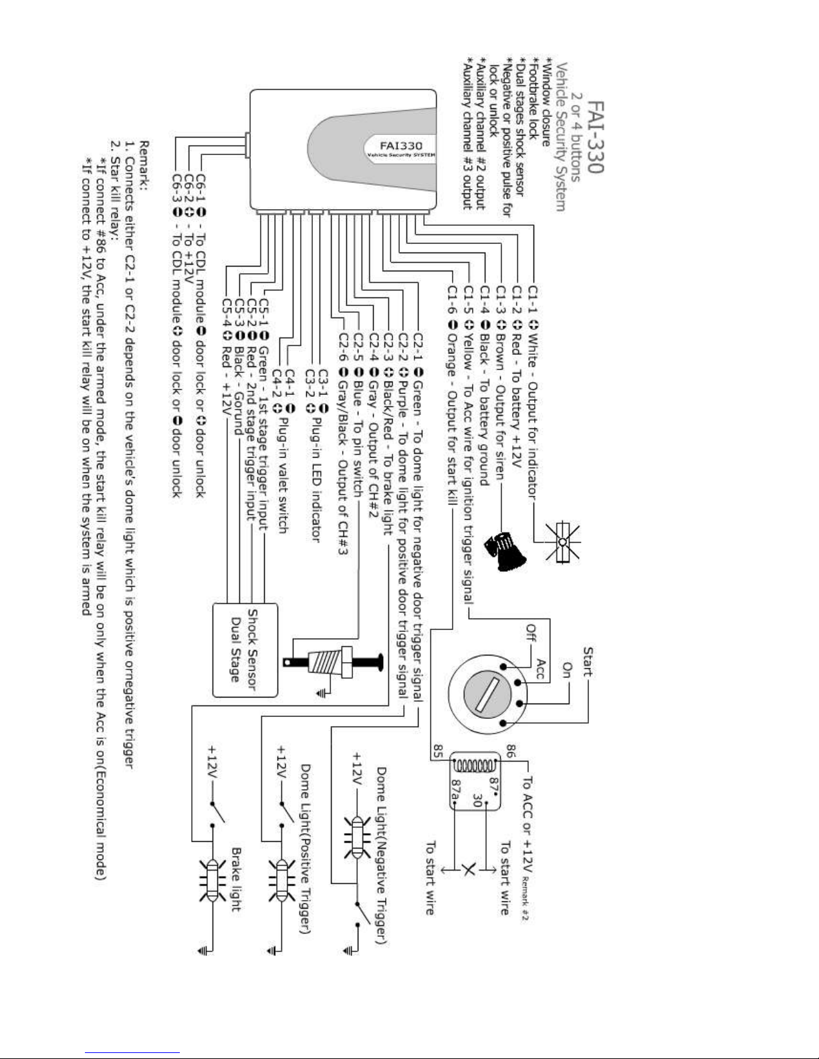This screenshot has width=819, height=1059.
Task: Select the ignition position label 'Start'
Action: pyautogui.click(x=588, y=661)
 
